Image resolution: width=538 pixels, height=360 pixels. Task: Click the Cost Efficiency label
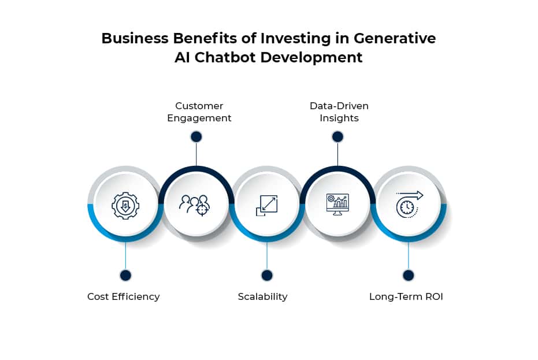(x=124, y=296)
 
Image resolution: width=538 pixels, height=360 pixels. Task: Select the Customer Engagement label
(x=199, y=112)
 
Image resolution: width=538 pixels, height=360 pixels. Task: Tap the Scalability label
(x=262, y=296)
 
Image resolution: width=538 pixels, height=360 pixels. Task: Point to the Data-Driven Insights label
(x=339, y=112)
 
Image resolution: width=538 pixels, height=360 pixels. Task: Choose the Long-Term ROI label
(x=406, y=296)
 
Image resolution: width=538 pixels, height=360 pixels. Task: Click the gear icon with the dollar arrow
(x=125, y=206)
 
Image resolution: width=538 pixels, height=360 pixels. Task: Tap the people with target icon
(x=195, y=206)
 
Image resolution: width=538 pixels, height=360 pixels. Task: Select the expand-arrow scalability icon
(x=266, y=206)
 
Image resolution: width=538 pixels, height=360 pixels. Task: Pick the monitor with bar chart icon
(x=337, y=205)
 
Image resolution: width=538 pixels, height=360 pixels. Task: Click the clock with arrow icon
(x=409, y=205)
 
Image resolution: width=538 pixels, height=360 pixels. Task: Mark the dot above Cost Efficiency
(x=125, y=275)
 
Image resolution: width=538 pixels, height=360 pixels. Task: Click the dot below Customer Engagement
(x=196, y=137)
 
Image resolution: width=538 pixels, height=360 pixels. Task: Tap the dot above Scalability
(x=267, y=275)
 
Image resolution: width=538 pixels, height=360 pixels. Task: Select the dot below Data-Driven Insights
(x=337, y=137)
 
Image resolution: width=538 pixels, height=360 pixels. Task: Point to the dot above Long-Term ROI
(x=409, y=275)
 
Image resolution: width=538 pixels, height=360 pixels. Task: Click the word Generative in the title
(x=395, y=38)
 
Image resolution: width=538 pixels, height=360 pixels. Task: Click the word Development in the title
(x=311, y=58)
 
